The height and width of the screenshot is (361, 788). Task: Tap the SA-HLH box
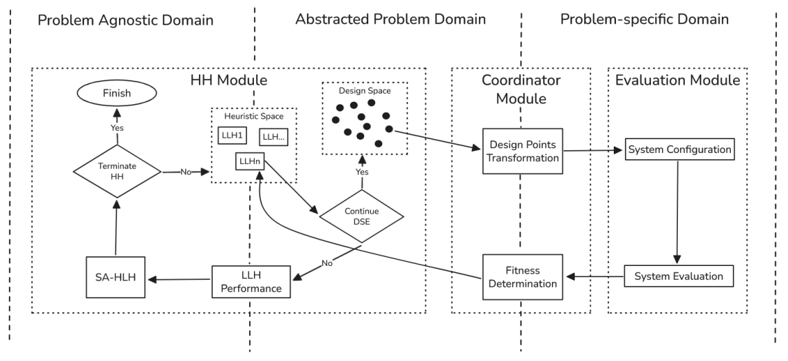116,278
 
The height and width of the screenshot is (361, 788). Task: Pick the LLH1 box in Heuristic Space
233,136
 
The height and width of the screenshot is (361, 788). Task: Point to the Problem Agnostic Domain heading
125,20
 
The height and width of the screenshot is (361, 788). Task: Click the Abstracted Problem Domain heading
390,19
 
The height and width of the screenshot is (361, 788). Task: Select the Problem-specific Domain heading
644,19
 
